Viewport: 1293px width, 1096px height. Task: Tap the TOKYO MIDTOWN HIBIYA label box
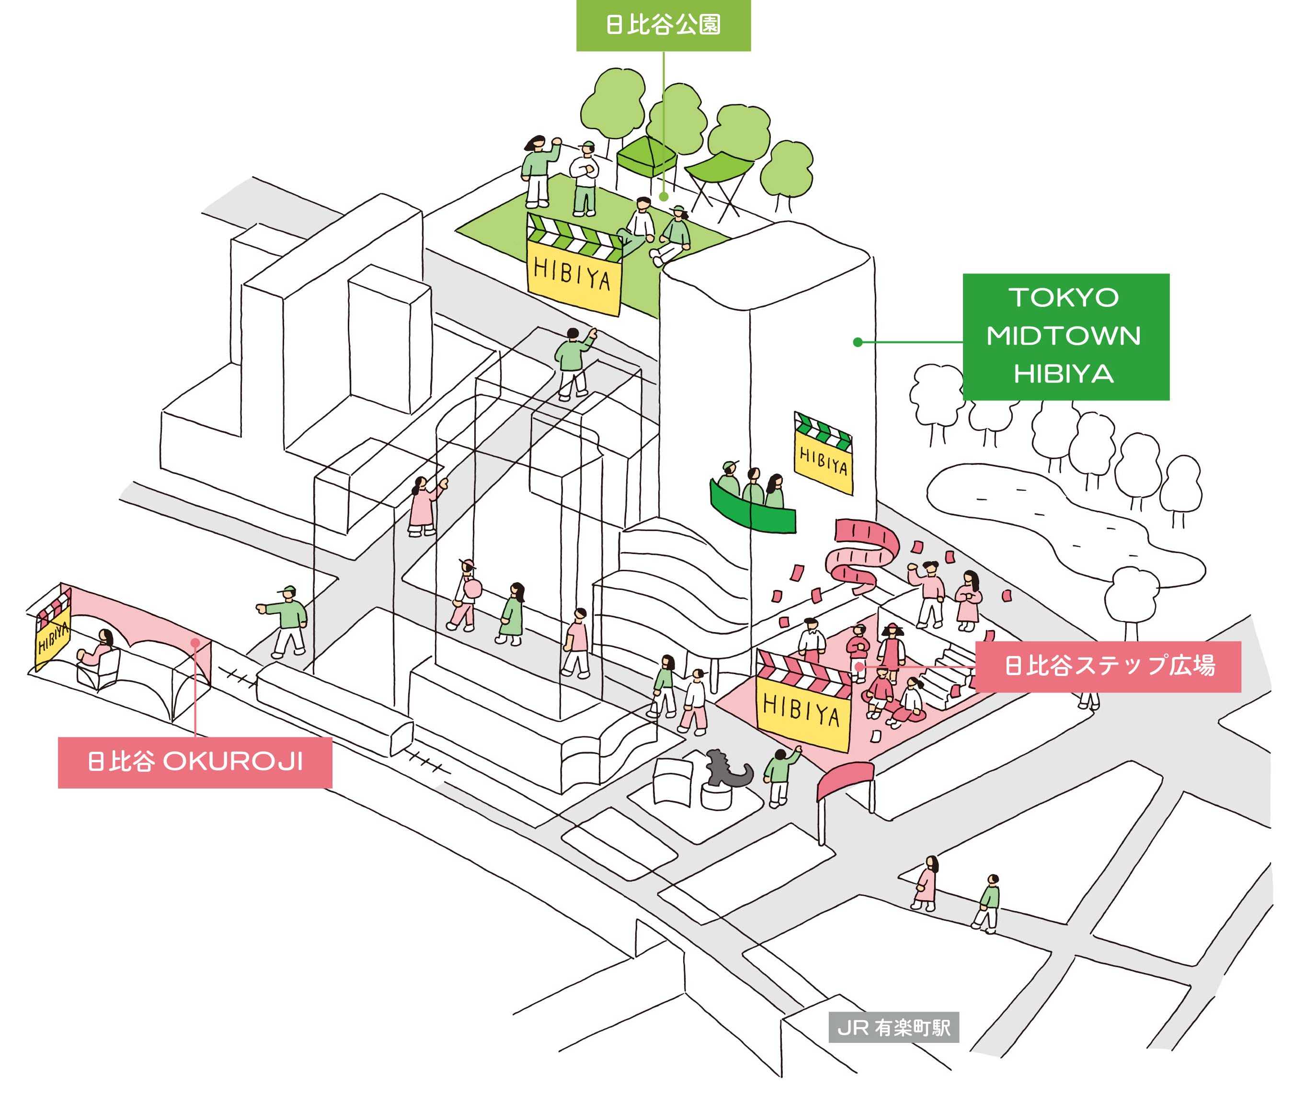pyautogui.click(x=1065, y=336)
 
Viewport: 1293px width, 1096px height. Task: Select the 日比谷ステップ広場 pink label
pyautogui.click(x=1107, y=667)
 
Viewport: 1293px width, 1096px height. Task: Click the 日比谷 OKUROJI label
pyautogui.click(x=195, y=762)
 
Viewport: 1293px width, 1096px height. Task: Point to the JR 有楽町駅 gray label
pyautogui.click(x=893, y=1028)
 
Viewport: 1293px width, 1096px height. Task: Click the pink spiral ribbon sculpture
pyautogui.click(x=861, y=553)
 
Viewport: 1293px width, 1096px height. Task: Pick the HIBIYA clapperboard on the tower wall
pyautogui.click(x=823, y=453)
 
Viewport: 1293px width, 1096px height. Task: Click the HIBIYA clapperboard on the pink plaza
pyautogui.click(x=803, y=699)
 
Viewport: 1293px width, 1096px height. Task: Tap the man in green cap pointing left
pyautogui.click(x=284, y=622)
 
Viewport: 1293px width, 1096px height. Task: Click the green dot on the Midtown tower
pyautogui.click(x=858, y=342)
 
